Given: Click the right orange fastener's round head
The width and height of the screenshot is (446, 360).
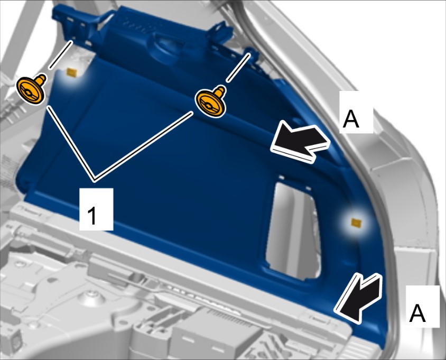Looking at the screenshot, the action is coord(209,104).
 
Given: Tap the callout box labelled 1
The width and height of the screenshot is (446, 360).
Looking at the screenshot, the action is coord(96,209).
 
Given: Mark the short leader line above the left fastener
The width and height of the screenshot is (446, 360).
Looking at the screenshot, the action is coord(61,54).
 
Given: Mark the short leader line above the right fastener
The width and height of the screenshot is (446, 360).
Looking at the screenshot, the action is coord(238,68).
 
